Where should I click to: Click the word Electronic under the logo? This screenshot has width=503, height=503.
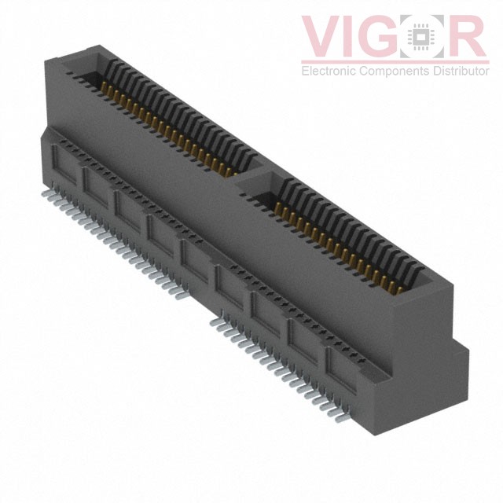pos(329,72)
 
